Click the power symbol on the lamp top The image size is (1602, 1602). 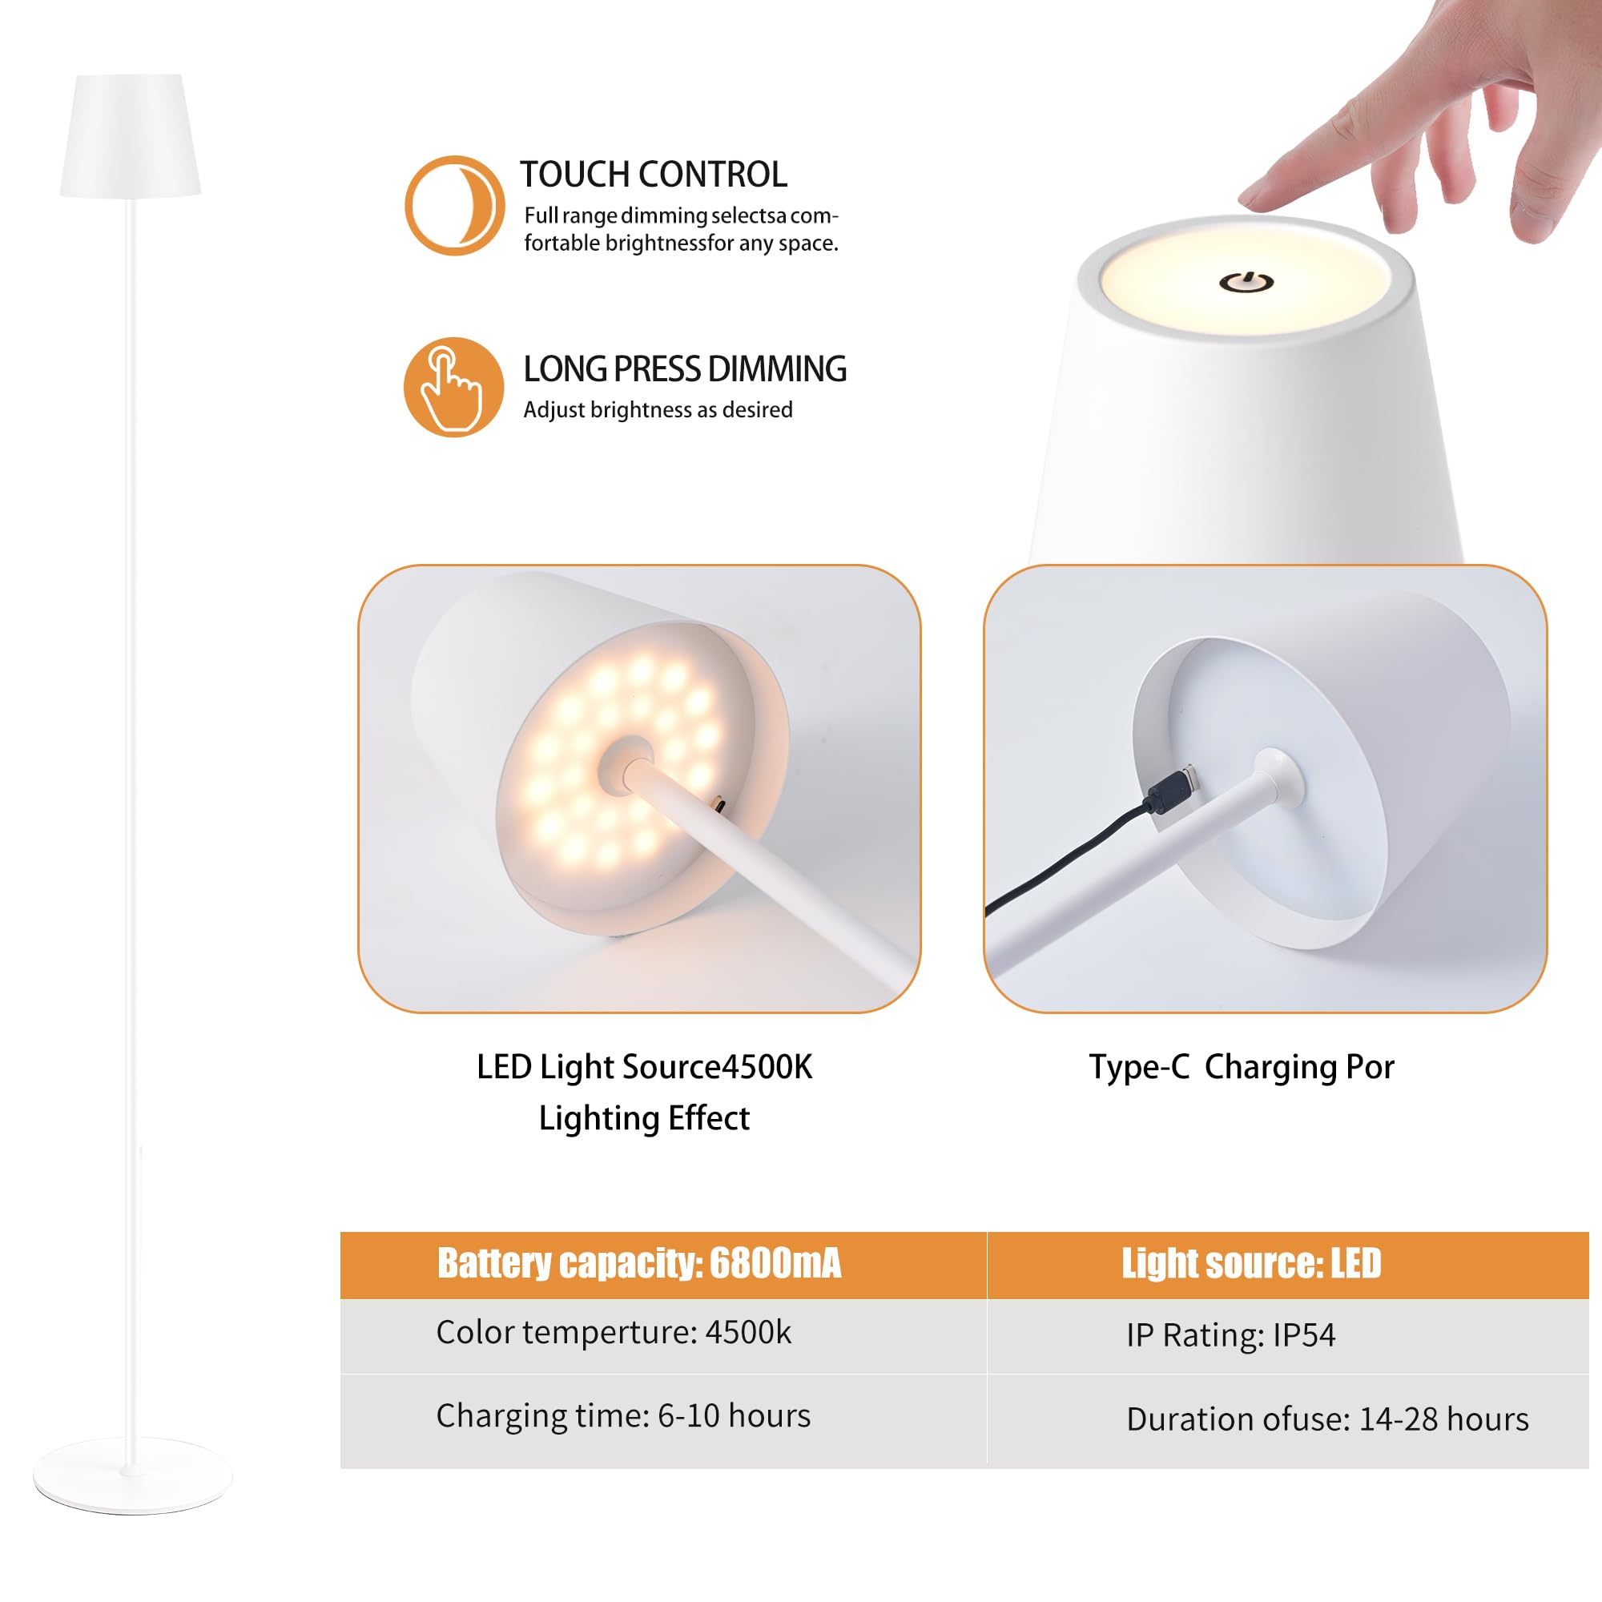click(1246, 283)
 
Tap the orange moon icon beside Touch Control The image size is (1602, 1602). click(454, 206)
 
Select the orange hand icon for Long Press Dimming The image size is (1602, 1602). click(453, 387)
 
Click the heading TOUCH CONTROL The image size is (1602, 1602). click(654, 175)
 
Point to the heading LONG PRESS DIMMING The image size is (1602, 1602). click(685, 370)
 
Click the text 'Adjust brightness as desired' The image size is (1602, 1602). click(658, 410)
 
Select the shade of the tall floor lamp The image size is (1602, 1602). click(131, 137)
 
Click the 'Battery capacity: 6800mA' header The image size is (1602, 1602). click(638, 1264)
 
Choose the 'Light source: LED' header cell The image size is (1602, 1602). click(1250, 1264)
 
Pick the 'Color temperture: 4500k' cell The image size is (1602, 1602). click(614, 1333)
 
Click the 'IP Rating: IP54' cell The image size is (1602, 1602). click(1230, 1335)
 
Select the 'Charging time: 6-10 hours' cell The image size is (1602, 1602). click(622, 1415)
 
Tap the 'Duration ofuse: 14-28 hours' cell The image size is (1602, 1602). click(1326, 1419)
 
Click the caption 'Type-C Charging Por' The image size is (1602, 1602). click(1242, 1067)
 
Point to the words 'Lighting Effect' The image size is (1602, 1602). click(644, 1118)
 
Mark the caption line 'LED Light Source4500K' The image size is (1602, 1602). click(644, 1067)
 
